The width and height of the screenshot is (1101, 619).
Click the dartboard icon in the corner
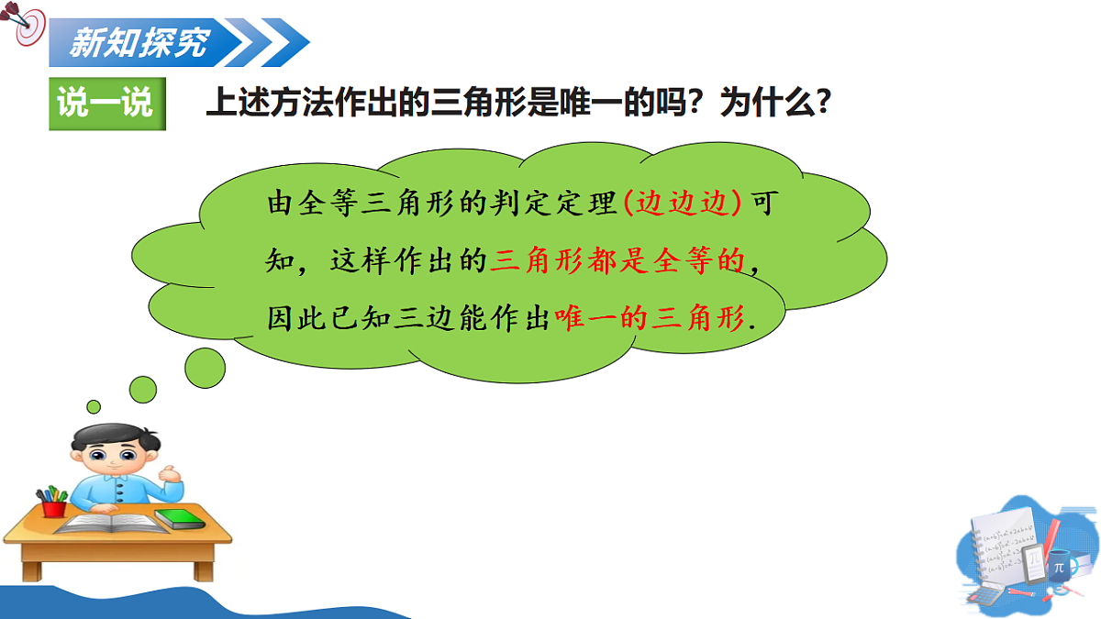[x=25, y=26]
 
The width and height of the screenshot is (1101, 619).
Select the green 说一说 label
[x=106, y=103]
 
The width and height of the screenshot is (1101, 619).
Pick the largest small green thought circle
[x=205, y=367]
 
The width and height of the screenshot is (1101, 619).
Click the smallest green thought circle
[x=94, y=406]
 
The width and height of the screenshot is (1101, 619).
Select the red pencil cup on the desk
[x=53, y=505]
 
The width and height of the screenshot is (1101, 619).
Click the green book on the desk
[x=179, y=518]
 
